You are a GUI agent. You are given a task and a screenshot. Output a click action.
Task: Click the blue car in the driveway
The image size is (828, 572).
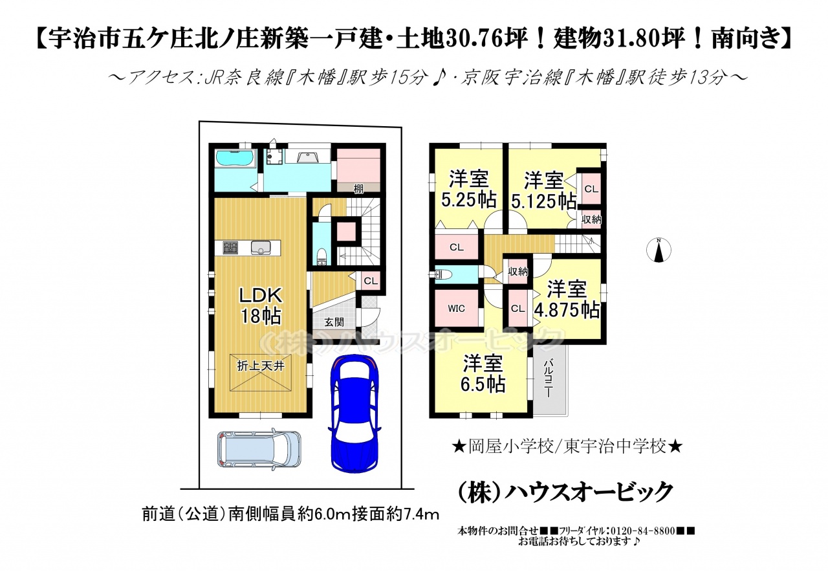tap(354, 413)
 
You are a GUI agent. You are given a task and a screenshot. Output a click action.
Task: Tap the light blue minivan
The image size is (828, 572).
tap(259, 448)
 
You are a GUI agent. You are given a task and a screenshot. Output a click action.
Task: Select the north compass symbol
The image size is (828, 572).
tap(659, 250)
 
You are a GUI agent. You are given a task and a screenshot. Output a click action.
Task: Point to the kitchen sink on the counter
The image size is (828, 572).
tap(261, 248)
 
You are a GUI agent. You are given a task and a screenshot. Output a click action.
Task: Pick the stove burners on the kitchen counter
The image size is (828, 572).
tap(230, 248)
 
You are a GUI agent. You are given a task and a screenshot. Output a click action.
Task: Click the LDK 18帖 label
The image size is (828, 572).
tap(261, 306)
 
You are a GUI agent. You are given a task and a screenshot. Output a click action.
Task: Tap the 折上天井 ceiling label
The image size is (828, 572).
tap(261, 366)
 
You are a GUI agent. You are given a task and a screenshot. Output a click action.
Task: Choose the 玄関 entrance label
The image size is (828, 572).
tap(334, 322)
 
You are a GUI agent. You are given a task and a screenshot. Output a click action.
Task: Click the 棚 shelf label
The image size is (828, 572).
tap(358, 189)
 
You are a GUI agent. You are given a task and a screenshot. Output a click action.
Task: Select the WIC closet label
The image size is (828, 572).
tap(456, 309)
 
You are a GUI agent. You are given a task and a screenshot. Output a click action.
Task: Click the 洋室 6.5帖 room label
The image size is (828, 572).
tap(483, 373)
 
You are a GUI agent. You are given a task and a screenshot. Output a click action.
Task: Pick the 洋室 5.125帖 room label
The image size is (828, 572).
tap(544, 191)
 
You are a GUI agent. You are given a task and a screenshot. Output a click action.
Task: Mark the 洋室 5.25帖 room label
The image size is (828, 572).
tap(468, 190)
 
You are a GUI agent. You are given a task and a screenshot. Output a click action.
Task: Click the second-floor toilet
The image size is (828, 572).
tap(442, 274)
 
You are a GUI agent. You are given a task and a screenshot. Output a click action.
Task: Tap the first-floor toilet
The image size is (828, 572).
tap(321, 257)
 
